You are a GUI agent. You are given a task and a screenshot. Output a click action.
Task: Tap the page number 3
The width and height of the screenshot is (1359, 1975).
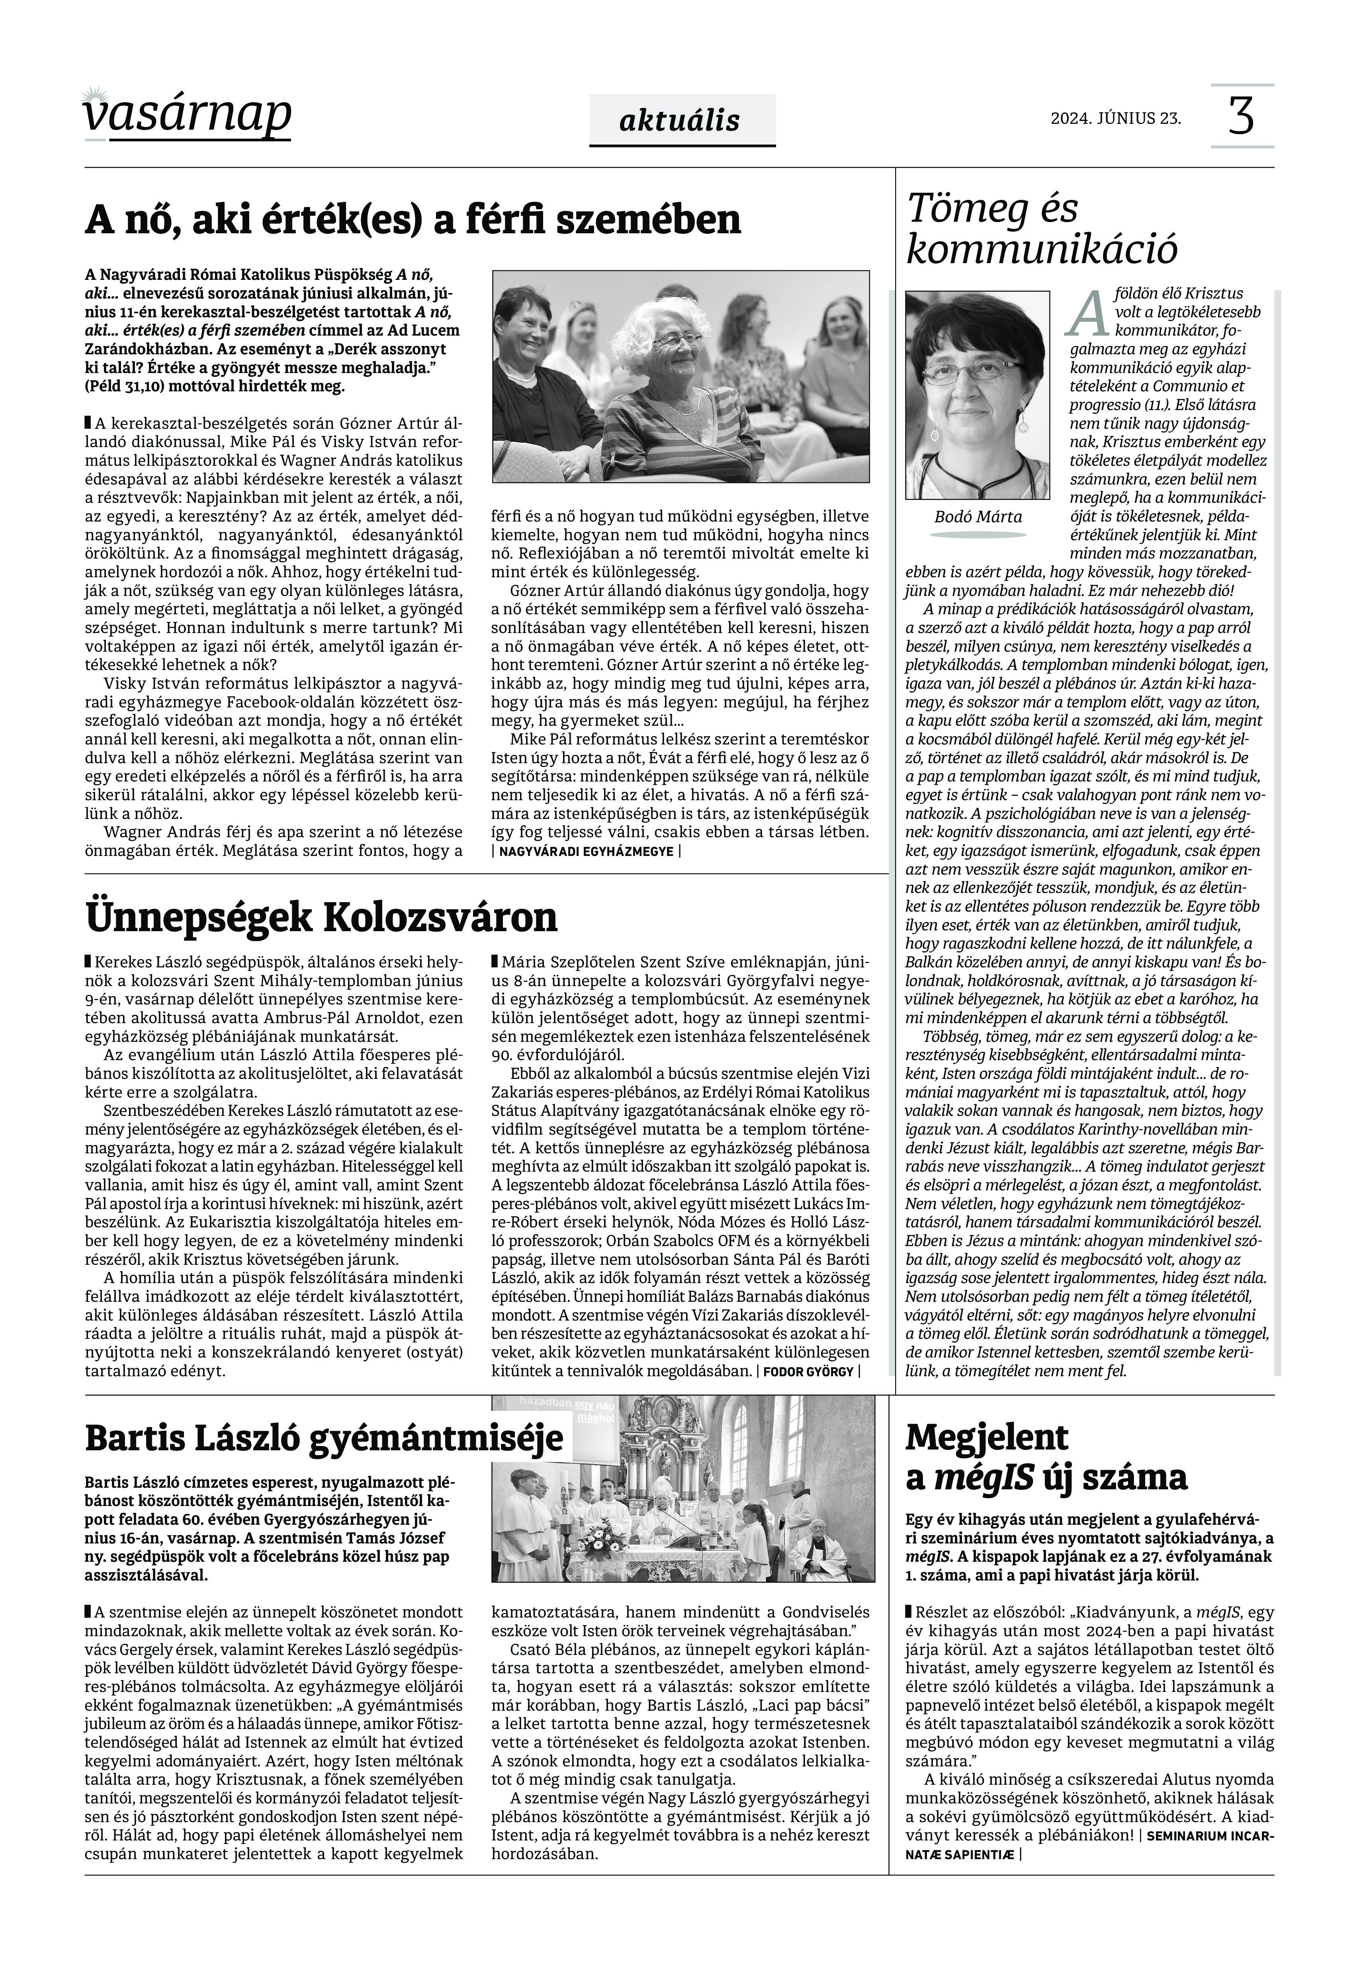tap(1242, 117)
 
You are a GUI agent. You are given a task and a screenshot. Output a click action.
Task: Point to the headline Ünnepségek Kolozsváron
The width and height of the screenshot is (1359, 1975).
tap(322, 918)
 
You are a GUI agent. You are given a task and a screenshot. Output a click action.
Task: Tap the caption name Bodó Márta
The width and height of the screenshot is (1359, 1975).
tap(978, 517)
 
